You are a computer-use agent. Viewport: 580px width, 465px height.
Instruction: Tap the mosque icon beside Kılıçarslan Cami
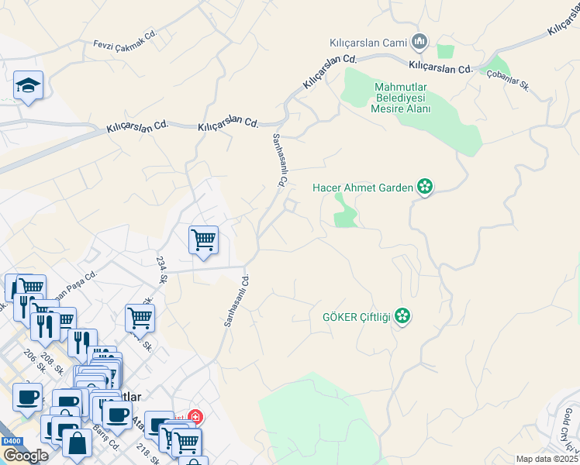[420, 40]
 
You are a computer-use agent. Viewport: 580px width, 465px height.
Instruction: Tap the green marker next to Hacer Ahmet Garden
[425, 187]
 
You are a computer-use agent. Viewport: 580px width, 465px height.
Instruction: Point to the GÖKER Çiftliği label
[356, 316]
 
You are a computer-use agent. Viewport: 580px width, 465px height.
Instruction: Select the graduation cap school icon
[28, 85]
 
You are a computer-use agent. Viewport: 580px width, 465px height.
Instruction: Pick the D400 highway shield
[12, 440]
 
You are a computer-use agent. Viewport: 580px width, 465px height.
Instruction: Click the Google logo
[26, 455]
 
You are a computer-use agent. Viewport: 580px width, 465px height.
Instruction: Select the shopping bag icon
[77, 443]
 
